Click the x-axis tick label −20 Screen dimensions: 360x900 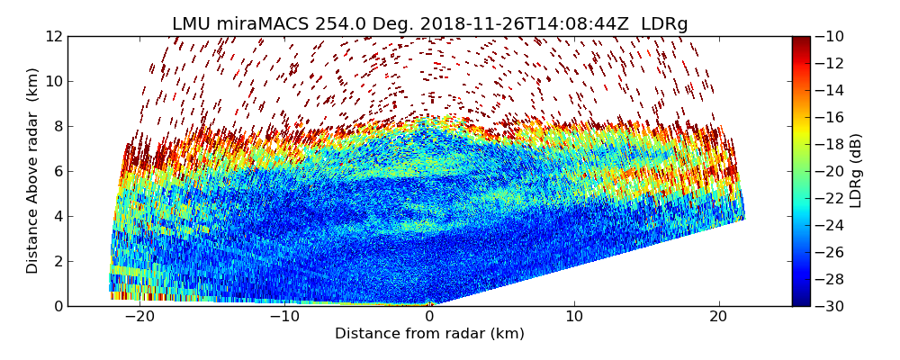(x=139, y=317)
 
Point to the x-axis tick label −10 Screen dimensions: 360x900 (x=284, y=317)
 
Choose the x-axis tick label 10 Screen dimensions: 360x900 (x=574, y=317)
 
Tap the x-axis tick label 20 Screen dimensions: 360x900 (x=718, y=317)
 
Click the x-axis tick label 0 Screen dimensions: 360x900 (x=429, y=317)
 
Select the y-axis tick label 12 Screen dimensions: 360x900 (x=53, y=36)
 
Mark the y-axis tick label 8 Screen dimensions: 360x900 (x=57, y=126)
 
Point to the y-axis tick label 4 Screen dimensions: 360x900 (x=57, y=216)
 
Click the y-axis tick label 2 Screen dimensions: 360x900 (x=57, y=261)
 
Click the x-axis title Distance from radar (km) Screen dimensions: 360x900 (x=429, y=334)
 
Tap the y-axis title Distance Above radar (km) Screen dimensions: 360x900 (x=33, y=171)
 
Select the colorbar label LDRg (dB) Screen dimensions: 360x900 (x=856, y=171)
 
